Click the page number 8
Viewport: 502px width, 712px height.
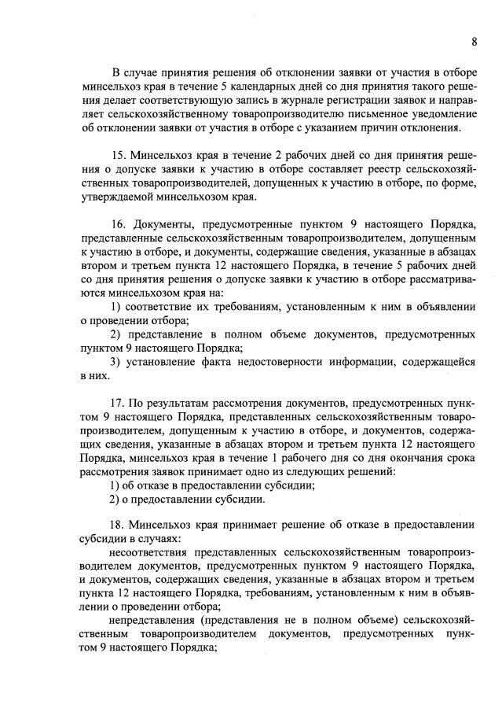tap(475, 41)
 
